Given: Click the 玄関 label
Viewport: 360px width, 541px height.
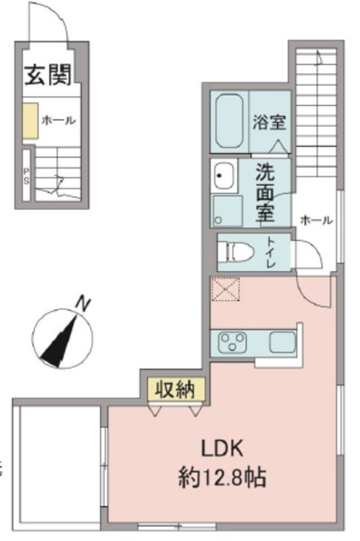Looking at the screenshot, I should click(x=46, y=74).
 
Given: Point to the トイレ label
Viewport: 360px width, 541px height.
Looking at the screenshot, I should click(x=270, y=253).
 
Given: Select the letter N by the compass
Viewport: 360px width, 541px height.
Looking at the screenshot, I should click(x=82, y=302).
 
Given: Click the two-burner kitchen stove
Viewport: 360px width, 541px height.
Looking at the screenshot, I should click(x=231, y=343).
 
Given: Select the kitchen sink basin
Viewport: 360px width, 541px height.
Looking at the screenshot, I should click(x=281, y=342).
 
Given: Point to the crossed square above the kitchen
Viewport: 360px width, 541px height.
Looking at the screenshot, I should click(x=226, y=290).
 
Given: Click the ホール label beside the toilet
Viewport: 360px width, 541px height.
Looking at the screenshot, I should click(x=315, y=220).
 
